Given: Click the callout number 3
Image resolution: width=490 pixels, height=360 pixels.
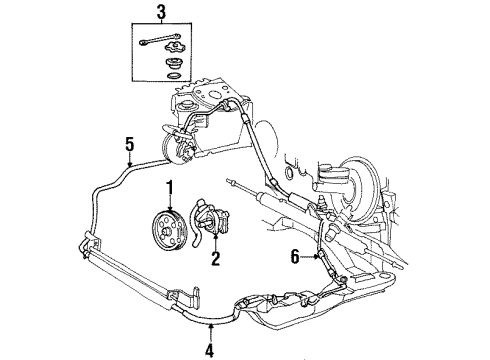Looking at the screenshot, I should [x=159, y=13].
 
